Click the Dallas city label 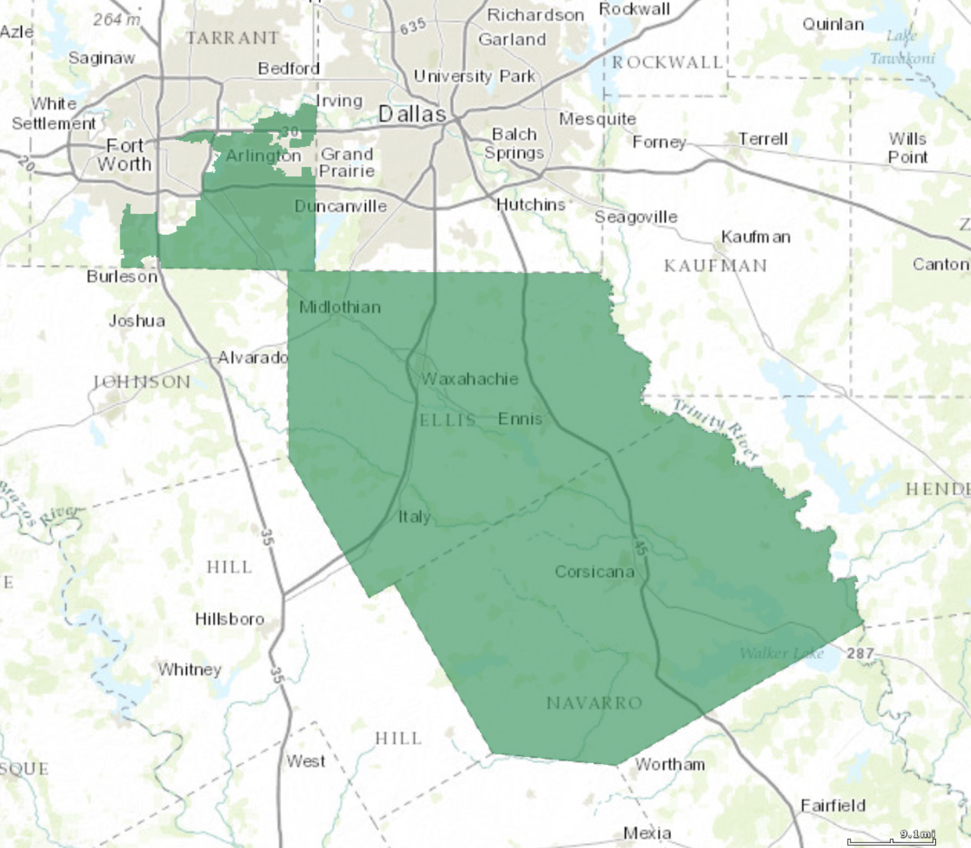tap(412, 114)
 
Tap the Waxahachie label tap(469, 378)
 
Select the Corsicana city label tap(594, 572)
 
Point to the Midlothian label tap(340, 307)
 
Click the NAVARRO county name tap(594, 702)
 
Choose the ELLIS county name tap(448, 420)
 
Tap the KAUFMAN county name tap(715, 266)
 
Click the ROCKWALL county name tap(667, 62)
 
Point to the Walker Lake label tap(781, 653)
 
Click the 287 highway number tap(860, 653)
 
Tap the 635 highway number tap(413, 27)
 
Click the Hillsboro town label tap(229, 619)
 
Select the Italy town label tap(414, 517)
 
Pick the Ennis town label tap(520, 418)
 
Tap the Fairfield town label tap(833, 805)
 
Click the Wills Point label tap(907, 148)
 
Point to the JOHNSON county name tap(142, 382)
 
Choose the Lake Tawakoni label tap(902, 47)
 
